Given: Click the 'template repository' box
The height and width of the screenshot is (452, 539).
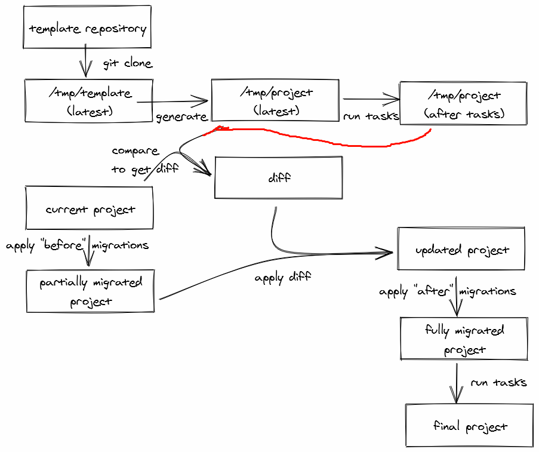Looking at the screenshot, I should pos(87,27).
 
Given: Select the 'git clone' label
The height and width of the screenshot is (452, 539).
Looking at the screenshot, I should pos(127,63).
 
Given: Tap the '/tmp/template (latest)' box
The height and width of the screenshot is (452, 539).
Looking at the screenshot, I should pos(88,102).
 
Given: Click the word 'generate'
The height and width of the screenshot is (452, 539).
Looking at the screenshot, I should pos(181,117).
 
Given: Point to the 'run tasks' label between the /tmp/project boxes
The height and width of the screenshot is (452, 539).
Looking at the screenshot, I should pos(371,116).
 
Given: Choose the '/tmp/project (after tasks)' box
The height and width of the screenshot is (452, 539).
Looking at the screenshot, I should pos(463,104).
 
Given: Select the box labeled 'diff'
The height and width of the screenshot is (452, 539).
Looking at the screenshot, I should pos(278,177).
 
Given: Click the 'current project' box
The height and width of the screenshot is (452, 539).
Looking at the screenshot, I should pos(90,209).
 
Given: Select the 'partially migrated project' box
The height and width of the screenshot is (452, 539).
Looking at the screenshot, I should pos(90,291).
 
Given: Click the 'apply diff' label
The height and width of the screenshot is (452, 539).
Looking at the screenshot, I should pos(282,278).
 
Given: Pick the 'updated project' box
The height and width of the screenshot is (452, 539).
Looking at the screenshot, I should pos(461,249).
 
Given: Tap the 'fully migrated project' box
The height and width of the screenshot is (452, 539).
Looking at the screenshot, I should pos(464,339).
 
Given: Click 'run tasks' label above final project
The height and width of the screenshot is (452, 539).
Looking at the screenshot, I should pos(498,382).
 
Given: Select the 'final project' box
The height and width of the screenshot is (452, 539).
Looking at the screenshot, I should pos(469,426).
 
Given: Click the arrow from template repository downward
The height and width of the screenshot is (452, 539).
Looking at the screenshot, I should pos(86,62).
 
